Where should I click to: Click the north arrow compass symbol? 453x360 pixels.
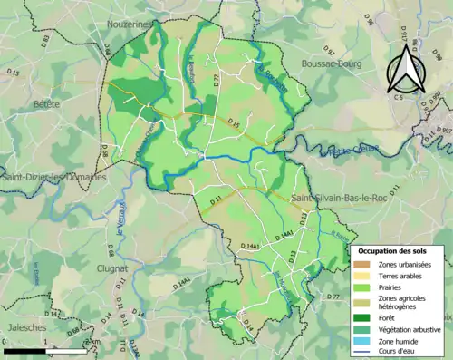click(405, 67)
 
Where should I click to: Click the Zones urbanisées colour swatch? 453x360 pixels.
click(361, 264)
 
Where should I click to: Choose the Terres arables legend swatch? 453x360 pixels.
click(361, 276)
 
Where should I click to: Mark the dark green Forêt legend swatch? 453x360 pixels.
click(361, 317)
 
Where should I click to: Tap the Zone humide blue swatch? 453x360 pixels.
click(361, 341)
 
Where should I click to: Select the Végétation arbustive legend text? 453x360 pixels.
click(410, 329)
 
